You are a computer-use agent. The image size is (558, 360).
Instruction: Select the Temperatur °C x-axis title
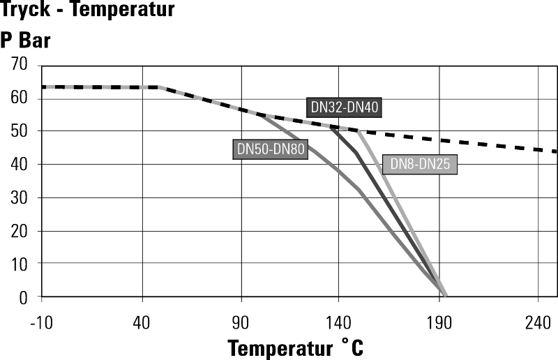(x=295, y=347)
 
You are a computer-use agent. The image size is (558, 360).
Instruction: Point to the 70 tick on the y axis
(x=19, y=66)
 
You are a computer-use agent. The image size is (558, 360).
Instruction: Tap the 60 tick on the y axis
(x=19, y=98)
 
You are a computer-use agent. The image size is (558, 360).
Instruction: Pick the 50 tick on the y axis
(x=19, y=131)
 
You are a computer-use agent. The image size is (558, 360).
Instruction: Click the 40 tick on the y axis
(x=19, y=165)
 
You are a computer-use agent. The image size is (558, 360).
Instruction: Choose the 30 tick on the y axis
(x=19, y=197)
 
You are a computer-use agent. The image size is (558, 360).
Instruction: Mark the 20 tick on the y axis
(x=19, y=231)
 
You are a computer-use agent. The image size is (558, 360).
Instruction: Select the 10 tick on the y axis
(x=19, y=264)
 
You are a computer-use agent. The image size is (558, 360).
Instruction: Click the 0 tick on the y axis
(x=23, y=297)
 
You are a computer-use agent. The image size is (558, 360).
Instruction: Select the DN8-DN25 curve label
(x=419, y=165)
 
